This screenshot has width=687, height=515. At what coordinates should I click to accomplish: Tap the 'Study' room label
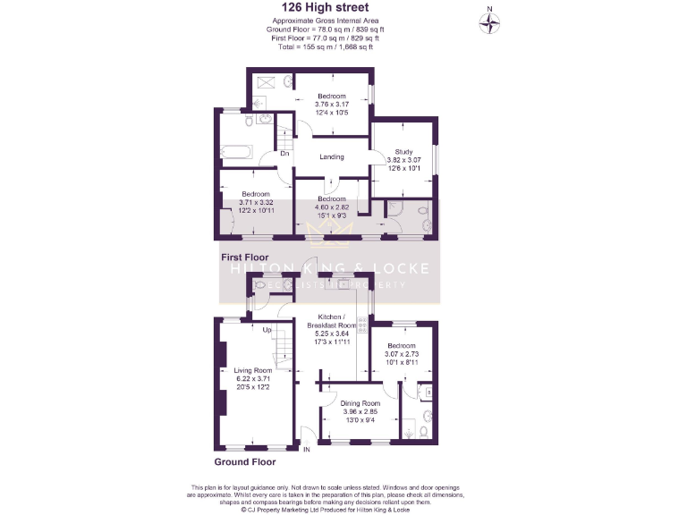click(404, 152)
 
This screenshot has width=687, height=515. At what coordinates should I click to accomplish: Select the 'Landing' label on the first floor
click(332, 157)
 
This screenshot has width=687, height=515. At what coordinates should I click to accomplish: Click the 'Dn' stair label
click(284, 154)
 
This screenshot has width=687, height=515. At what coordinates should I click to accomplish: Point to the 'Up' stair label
click(267, 330)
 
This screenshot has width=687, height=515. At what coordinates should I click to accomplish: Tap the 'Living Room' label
click(253, 370)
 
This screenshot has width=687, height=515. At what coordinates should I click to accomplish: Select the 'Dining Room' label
click(361, 403)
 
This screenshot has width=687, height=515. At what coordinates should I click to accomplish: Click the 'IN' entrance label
click(306, 448)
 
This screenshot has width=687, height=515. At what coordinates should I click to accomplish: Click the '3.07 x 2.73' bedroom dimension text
click(402, 354)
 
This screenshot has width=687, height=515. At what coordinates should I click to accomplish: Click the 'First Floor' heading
click(245, 257)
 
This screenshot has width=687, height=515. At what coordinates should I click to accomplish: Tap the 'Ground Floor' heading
click(245, 462)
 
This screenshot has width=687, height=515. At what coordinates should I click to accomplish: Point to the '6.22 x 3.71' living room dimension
click(253, 379)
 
